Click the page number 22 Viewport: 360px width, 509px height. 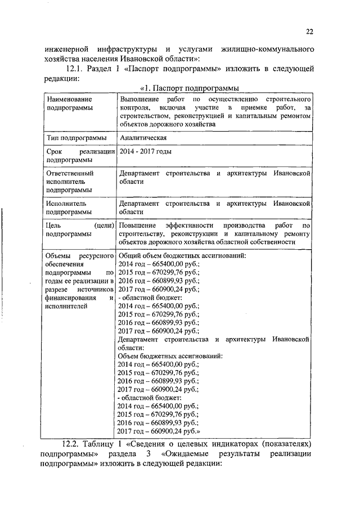[309, 31]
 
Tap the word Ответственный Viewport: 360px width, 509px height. [70, 174]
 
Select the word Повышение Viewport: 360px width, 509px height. [139, 225]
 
